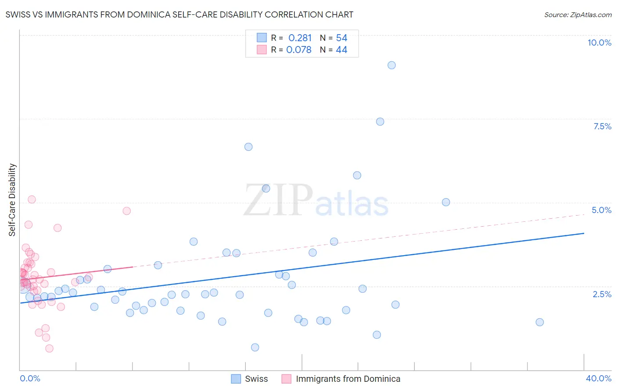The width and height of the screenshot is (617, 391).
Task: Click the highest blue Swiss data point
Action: tap(391, 65)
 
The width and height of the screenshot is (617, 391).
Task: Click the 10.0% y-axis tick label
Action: tap(599, 43)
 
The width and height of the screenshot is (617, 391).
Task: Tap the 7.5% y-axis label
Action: tap(602, 126)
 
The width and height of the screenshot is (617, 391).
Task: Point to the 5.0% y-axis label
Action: tap(601, 210)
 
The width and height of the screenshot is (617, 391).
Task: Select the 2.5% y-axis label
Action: tap(602, 294)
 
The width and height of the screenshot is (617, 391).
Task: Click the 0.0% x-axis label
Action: tap(30, 378)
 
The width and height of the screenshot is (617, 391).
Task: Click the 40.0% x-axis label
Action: tap(598, 378)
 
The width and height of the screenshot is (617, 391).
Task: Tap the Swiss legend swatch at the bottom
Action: tap(236, 379)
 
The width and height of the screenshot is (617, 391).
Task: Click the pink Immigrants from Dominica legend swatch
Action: tap(287, 379)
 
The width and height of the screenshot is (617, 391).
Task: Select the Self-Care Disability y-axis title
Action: tap(12, 200)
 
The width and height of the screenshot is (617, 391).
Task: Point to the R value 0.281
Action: tap(300, 38)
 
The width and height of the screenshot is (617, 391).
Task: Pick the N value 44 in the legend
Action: tap(341, 50)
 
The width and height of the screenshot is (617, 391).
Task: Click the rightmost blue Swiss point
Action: tap(540, 322)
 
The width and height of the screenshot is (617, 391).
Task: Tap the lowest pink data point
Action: tap(49, 348)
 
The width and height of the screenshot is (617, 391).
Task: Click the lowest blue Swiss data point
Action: tap(255, 348)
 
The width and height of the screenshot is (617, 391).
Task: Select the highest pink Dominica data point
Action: tap(32, 199)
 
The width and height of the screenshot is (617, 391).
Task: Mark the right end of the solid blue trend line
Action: tap(584, 233)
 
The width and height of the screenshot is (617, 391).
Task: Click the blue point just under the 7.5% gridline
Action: tap(380, 122)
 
